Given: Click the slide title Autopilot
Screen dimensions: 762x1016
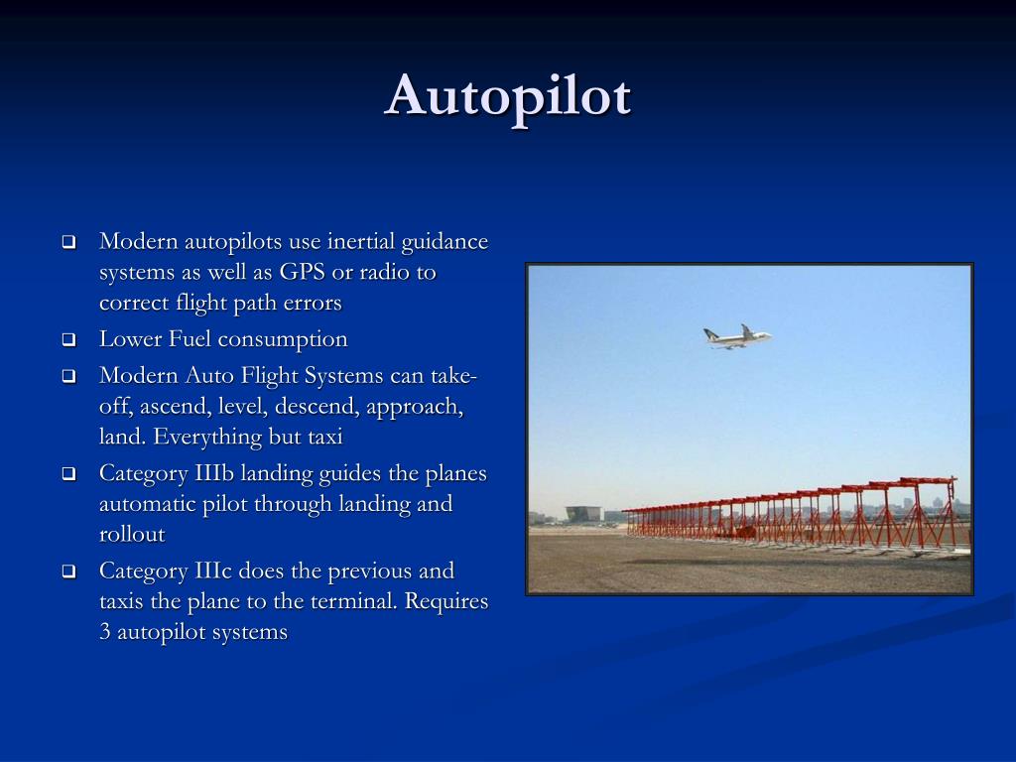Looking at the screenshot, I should click(508, 96).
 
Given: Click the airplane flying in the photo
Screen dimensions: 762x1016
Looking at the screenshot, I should click(735, 336).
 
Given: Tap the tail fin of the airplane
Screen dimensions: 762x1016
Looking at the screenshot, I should click(746, 328).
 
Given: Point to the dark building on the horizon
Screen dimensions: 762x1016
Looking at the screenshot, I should click(583, 514).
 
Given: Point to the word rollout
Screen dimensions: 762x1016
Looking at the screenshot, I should click(132, 534).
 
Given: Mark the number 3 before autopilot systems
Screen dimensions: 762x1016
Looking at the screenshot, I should click(105, 632).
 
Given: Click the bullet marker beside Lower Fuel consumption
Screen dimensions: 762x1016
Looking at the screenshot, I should click(68, 340).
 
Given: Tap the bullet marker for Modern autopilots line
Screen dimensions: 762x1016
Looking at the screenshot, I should click(68, 243).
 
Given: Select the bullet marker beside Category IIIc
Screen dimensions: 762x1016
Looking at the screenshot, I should click(68, 571).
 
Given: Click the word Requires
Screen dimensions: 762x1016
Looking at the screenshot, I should click(449, 601).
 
